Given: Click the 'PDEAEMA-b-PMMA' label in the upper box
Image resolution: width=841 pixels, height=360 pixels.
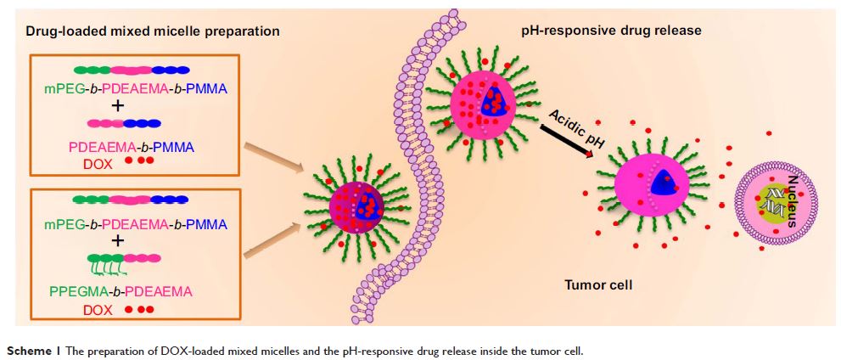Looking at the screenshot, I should [x=132, y=146].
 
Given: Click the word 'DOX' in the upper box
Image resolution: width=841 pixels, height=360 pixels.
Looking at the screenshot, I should [x=98, y=161].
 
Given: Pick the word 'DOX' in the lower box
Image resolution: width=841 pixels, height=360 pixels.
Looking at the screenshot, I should [x=98, y=311].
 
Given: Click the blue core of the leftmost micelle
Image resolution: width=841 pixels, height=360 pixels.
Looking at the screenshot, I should [x=371, y=205].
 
